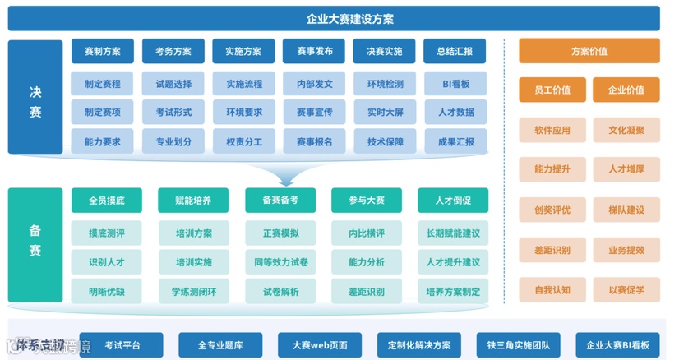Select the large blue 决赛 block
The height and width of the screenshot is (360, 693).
35,97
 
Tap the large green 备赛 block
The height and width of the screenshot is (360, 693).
35,243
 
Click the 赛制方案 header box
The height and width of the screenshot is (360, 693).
103,51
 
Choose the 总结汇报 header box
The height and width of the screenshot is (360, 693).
455,51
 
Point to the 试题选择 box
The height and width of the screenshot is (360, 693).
173,84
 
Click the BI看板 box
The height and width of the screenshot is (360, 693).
455,84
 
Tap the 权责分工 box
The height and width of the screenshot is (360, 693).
243,141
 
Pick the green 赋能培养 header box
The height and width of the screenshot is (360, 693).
193,201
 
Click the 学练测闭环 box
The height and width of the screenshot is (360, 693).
193,291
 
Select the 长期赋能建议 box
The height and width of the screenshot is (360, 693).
453,233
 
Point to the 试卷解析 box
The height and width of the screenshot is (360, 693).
280,291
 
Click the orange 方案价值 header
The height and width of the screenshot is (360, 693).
589,51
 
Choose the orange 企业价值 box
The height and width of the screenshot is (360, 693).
626,90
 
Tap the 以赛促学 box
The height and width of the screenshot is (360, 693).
626,290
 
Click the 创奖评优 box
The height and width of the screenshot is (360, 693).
552,210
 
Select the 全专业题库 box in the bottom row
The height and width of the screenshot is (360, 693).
209,345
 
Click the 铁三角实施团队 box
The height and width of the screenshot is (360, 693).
519,345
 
